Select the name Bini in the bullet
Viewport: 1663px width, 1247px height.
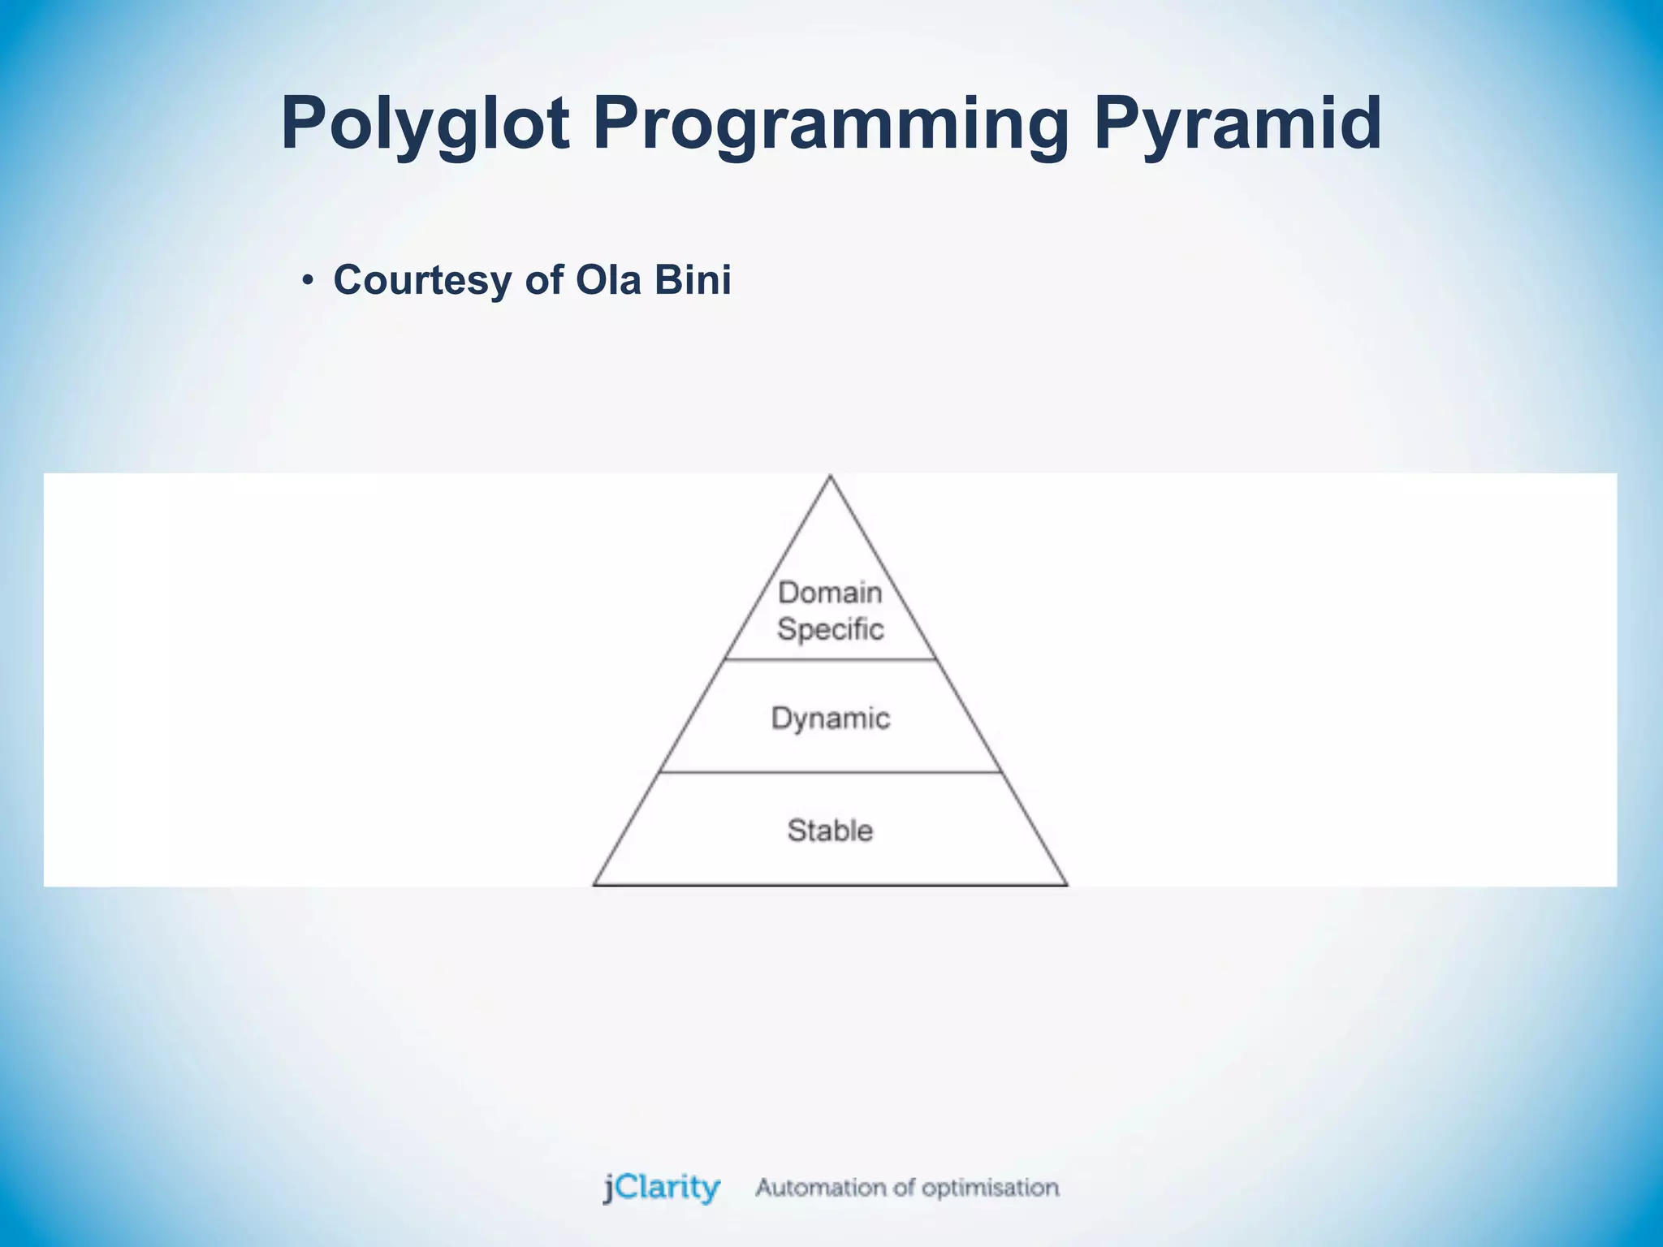(x=693, y=280)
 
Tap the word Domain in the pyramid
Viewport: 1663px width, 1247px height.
(x=830, y=593)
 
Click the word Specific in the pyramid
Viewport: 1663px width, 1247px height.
(x=830, y=629)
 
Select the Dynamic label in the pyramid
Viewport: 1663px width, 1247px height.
(x=830, y=718)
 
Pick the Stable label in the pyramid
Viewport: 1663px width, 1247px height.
(x=830, y=831)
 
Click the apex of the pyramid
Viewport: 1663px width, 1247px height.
(x=830, y=477)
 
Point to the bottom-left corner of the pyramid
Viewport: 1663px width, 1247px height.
(x=594, y=884)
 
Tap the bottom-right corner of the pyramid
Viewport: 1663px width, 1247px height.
(x=1066, y=884)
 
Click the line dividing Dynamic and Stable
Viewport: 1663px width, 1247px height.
(x=830, y=772)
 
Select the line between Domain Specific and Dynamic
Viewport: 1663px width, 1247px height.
(x=830, y=659)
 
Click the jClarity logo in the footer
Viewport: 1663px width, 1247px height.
(x=662, y=1188)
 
